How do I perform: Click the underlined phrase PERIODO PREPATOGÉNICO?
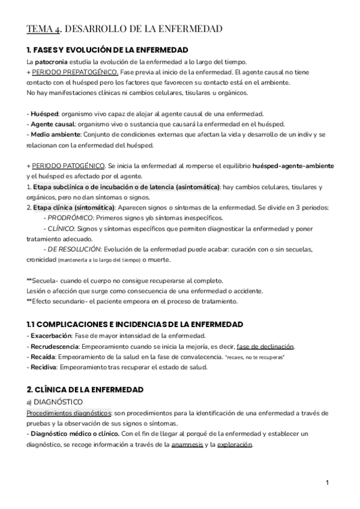click(x=67, y=72)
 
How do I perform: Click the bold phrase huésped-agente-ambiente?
click(x=293, y=164)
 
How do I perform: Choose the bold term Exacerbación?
click(x=51, y=335)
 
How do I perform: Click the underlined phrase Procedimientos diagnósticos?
click(x=69, y=414)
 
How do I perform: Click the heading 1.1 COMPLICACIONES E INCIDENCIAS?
click(x=134, y=324)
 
